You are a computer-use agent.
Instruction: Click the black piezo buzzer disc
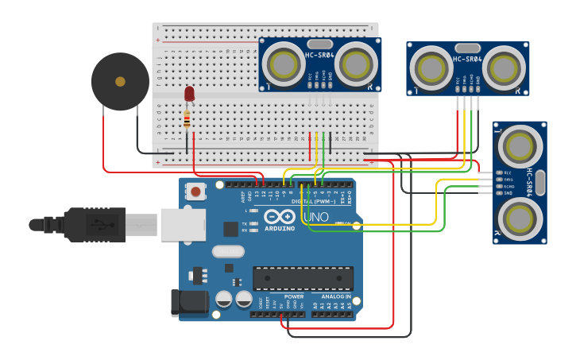120,81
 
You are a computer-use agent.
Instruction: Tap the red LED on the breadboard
189,94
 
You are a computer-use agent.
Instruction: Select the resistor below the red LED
187,120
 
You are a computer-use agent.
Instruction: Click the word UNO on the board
315,217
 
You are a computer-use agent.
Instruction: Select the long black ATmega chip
303,278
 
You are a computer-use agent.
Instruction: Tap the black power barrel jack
189,302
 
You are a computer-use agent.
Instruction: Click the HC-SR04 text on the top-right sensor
467,59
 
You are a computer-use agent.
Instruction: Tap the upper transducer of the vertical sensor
518,145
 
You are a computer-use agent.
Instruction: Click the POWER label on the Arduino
293,296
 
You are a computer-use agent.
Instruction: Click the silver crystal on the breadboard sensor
319,44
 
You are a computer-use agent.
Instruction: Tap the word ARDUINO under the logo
280,229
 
